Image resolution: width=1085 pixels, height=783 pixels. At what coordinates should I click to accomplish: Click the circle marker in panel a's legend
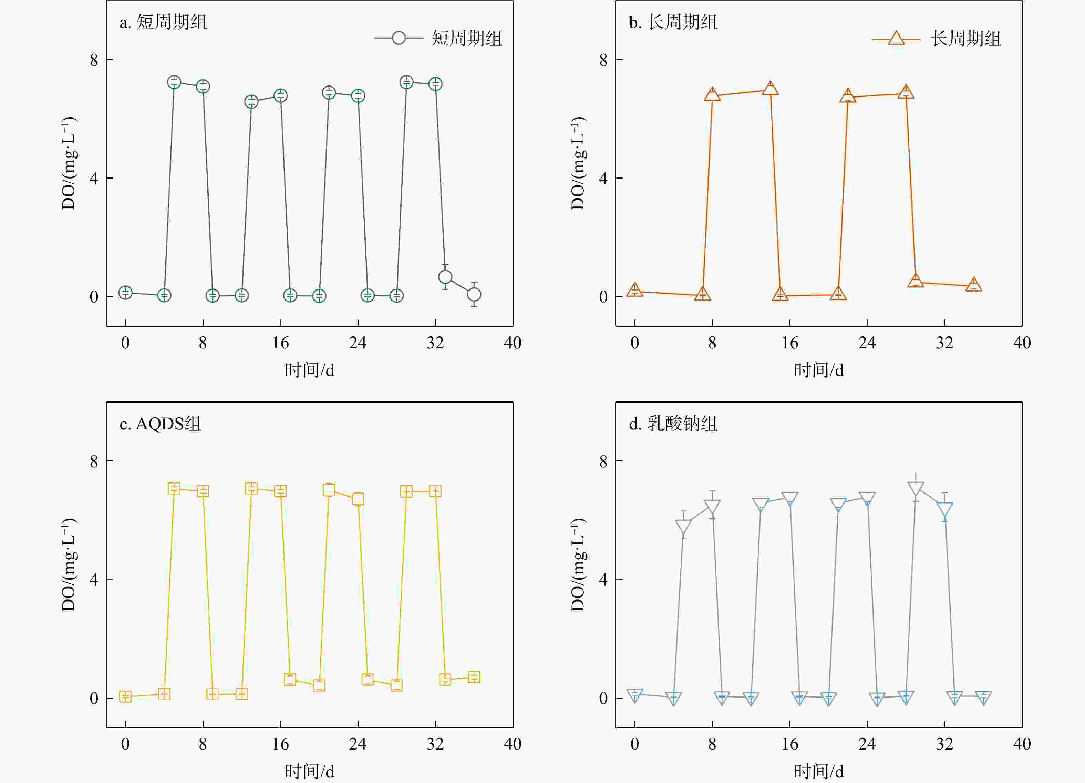coord(399,38)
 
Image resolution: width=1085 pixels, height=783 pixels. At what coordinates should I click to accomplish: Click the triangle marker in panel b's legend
coord(896,38)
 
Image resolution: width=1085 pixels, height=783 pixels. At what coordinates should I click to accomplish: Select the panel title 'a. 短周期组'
coord(163,22)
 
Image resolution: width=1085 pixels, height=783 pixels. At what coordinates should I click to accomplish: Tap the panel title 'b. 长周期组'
coord(673,22)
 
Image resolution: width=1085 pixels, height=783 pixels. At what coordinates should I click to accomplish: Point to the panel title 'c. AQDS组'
coord(160,424)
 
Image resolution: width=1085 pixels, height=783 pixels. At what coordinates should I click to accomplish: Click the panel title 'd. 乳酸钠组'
coord(673,424)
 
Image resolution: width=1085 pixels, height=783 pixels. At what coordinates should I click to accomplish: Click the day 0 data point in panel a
coord(125,293)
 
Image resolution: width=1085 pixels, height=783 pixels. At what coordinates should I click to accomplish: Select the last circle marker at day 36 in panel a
coord(474,294)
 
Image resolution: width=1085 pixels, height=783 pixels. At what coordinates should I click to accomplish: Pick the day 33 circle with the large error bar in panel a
coord(445,277)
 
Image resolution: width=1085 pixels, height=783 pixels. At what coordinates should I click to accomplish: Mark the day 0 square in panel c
coord(125,696)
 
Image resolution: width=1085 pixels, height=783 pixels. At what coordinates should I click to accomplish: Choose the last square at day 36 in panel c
coord(474,677)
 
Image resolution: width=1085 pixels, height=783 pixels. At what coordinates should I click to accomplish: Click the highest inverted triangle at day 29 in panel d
coord(916,488)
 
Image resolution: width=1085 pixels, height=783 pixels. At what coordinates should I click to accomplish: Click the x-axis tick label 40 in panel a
coord(513,343)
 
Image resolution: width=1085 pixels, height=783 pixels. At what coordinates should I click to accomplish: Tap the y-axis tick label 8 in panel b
coord(603,60)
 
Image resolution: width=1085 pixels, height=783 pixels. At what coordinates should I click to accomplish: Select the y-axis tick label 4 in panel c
coord(94,580)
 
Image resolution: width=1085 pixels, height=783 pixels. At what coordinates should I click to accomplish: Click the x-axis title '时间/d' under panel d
coord(818,771)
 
